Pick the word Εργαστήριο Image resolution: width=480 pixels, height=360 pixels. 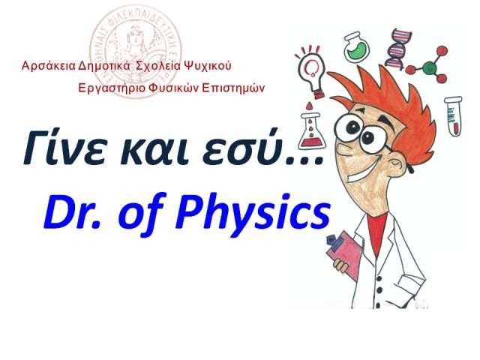click(112, 88)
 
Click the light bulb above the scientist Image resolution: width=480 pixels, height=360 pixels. click(311, 71)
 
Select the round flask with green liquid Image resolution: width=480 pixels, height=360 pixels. click(357, 46)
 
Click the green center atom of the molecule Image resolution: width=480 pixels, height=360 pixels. click(430, 67)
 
